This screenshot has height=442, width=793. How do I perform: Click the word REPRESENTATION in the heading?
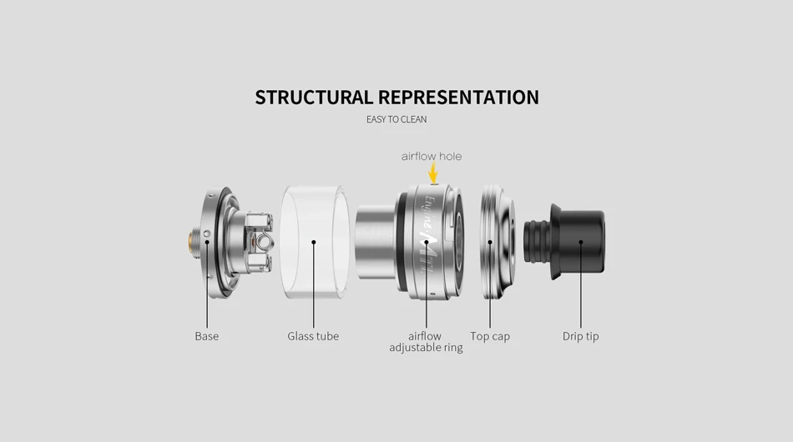pos(458,98)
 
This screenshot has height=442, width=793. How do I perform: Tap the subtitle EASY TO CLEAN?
pos(396,119)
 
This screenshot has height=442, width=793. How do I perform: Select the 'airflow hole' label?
pos(431,156)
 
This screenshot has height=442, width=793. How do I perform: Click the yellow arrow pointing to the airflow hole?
pos(433,173)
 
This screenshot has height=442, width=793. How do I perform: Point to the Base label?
pos(207,336)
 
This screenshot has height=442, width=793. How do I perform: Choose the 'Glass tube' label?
pos(313,336)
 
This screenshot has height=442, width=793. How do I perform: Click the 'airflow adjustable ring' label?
pos(426,342)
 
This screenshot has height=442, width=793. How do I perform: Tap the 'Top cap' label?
pos(490,336)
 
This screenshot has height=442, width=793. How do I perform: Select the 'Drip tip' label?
pos(580,336)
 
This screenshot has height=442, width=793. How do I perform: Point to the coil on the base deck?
pos(265,242)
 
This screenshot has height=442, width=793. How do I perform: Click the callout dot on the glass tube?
pos(314,243)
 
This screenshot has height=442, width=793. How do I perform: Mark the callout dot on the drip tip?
pos(581,243)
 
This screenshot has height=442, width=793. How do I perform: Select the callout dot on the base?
pos(207,243)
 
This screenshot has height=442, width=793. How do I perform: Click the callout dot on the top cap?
pos(490,243)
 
